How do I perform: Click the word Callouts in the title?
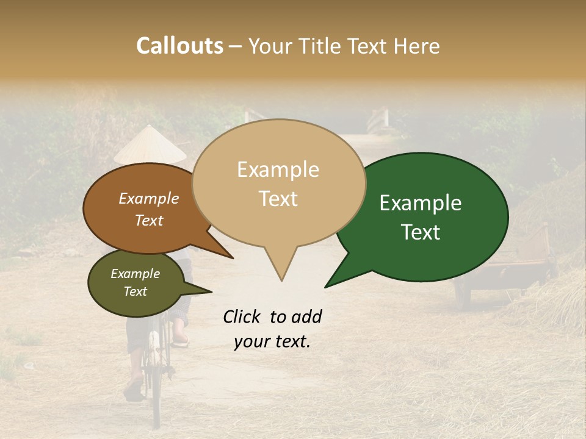pos(179,46)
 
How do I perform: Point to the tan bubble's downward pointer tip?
pos(281,280)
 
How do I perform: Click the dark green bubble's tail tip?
pos(326,286)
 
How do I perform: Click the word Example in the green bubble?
pos(421,203)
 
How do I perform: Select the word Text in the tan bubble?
pos(278,199)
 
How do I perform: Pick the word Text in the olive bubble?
pos(136,291)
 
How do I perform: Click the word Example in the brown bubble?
pos(149,199)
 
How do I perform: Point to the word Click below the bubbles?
pos(243,316)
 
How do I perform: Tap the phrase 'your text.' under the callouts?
pos(272,341)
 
